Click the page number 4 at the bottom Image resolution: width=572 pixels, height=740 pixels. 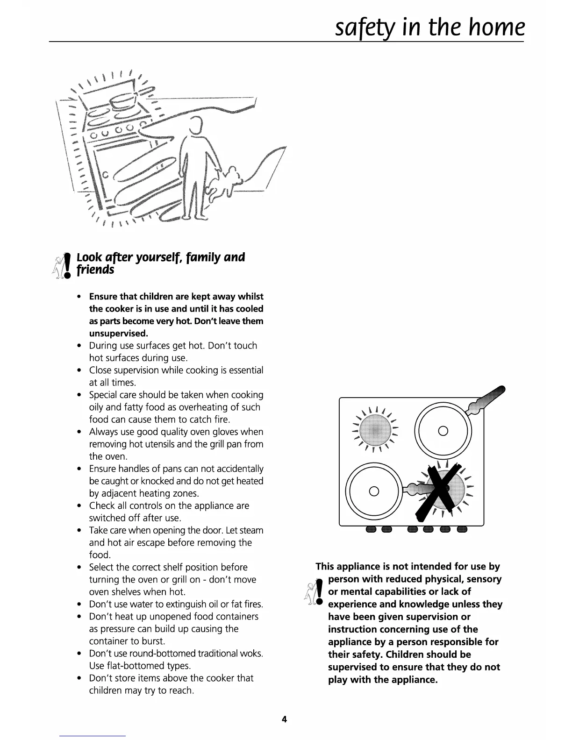pyautogui.click(x=284, y=719)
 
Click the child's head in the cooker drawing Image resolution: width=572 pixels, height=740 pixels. pyautogui.click(x=195, y=125)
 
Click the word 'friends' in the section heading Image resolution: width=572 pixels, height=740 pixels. pyautogui.click(x=95, y=270)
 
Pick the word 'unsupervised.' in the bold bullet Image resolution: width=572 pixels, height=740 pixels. pyautogui.click(x=118, y=334)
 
